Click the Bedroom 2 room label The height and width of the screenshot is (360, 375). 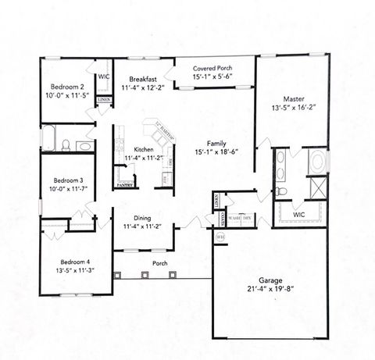click(x=67, y=87)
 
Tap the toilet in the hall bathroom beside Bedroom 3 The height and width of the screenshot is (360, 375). click(x=67, y=144)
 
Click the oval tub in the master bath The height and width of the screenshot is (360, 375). click(x=319, y=163)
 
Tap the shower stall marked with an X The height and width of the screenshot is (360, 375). click(x=320, y=190)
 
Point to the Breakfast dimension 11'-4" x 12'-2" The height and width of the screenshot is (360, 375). click(x=143, y=88)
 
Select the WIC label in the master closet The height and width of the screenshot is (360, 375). click(x=299, y=213)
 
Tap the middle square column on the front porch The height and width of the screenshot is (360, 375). click(x=145, y=275)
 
